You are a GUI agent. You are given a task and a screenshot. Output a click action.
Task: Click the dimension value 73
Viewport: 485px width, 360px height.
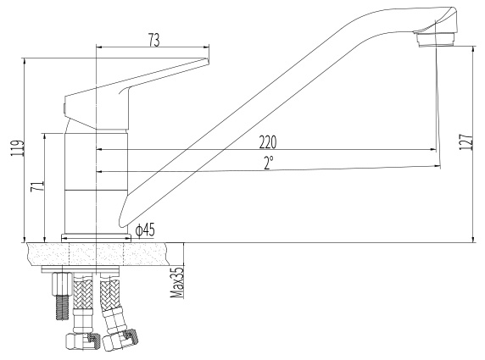click(154, 40)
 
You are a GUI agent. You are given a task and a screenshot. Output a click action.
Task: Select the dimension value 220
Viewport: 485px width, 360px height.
click(268, 142)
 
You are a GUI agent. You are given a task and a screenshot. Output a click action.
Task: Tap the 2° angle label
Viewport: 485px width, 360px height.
click(269, 163)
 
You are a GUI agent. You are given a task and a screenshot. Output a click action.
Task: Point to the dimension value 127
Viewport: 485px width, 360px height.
click(466, 142)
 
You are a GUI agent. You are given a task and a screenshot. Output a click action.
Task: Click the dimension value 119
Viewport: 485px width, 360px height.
click(17, 149)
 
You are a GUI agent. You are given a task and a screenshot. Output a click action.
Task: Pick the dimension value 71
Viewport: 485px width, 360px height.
click(37, 186)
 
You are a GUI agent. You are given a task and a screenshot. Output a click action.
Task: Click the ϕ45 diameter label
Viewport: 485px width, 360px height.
click(145, 230)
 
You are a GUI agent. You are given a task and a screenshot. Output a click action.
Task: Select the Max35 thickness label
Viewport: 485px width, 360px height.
click(177, 283)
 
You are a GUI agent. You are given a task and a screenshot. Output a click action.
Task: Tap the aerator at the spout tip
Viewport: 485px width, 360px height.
click(437, 40)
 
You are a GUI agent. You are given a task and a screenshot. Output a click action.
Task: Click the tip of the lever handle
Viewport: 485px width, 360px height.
click(207, 61)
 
